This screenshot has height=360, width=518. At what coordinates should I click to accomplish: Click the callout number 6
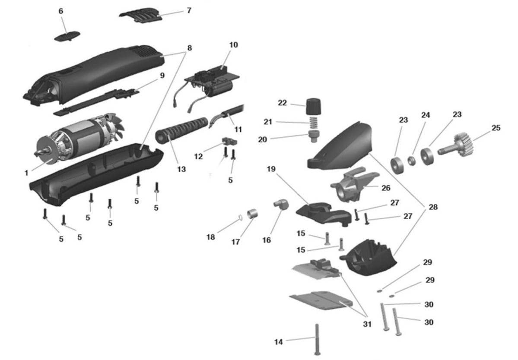click(61, 11)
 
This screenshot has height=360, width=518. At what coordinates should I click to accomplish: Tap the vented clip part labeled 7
click(141, 15)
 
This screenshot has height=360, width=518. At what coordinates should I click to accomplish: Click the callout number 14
click(279, 342)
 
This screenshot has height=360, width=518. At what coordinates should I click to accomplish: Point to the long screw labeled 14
click(318, 339)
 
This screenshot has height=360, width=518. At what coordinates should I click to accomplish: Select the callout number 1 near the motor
click(26, 173)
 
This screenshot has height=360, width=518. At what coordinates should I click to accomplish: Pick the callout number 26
click(386, 188)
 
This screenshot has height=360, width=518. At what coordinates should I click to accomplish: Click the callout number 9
click(162, 76)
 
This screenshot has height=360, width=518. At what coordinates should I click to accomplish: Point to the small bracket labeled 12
click(227, 141)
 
